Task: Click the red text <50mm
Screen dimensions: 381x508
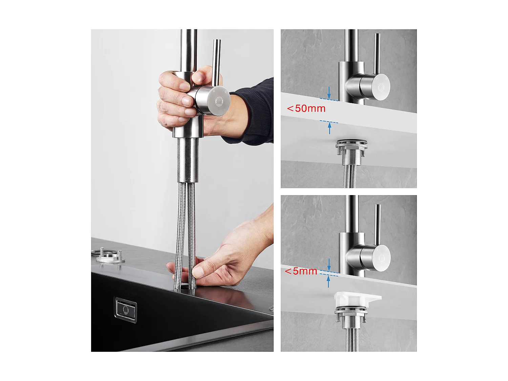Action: point(306,108)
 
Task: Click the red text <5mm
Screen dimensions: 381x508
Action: point(301,271)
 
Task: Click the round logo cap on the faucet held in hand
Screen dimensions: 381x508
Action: point(218,101)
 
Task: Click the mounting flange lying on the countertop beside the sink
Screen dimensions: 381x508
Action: point(108,256)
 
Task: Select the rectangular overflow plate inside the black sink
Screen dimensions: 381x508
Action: point(126,310)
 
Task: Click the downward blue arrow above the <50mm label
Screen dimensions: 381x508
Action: point(329,92)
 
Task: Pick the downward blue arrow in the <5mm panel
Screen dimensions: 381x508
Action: point(329,264)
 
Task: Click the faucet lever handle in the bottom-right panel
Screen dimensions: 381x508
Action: point(377,224)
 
